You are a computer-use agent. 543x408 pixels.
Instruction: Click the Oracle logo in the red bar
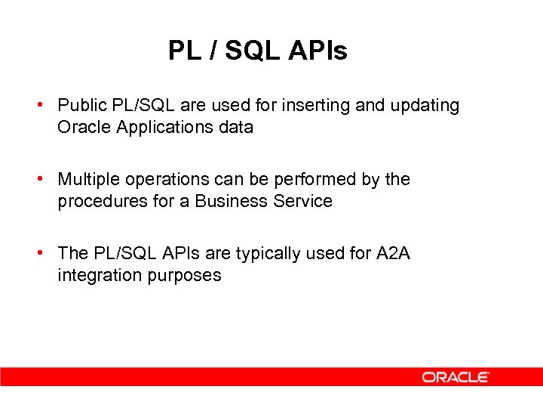click(456, 376)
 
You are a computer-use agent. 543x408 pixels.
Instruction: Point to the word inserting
click(317, 105)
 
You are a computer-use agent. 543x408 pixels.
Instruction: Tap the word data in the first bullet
click(236, 127)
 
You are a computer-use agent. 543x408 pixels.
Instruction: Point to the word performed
click(302, 179)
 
